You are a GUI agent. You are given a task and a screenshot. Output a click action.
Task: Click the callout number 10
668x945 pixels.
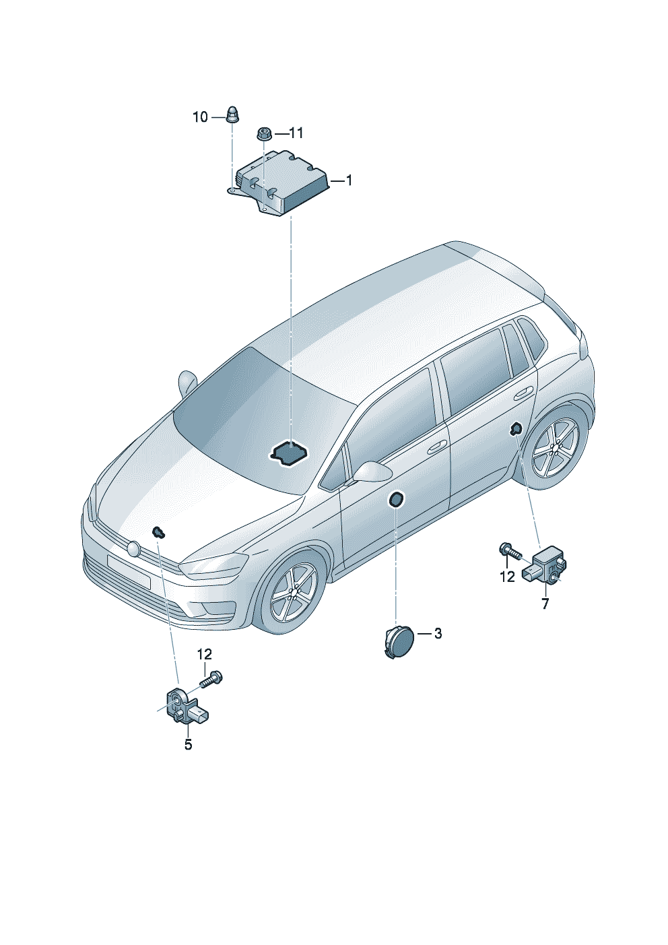(x=200, y=117)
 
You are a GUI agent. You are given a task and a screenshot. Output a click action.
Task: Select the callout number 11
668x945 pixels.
(x=296, y=133)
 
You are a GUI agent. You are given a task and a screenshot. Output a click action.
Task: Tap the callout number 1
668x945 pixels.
(x=349, y=181)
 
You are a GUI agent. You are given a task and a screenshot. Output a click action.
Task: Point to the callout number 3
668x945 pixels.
(x=438, y=633)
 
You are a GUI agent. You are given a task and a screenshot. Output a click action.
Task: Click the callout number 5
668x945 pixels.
(x=189, y=744)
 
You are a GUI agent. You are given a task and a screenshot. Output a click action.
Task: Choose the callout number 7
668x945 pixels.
(x=545, y=604)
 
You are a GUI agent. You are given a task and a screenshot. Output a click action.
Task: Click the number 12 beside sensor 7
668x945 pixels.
(x=507, y=577)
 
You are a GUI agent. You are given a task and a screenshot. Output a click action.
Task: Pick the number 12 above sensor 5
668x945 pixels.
(x=204, y=654)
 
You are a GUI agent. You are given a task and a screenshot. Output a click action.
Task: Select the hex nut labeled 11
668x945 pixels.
(x=263, y=133)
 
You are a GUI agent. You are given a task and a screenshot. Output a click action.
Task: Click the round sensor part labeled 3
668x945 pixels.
(x=399, y=642)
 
